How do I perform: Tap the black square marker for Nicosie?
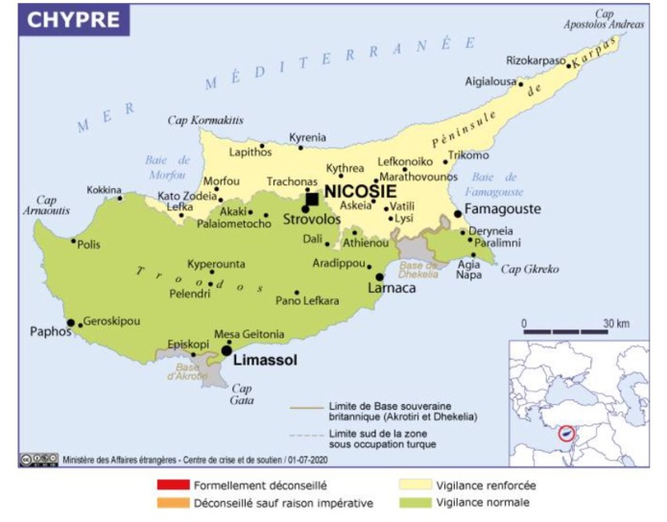(312, 200)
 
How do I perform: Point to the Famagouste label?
(503, 209)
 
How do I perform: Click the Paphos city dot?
(70, 322)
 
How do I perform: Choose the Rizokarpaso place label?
(536, 60)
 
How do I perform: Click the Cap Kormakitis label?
(205, 120)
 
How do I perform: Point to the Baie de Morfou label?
(166, 167)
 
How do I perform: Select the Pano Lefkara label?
(307, 301)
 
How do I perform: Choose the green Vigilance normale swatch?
(416, 502)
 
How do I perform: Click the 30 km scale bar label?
(615, 322)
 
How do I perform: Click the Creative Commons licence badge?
(38, 461)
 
